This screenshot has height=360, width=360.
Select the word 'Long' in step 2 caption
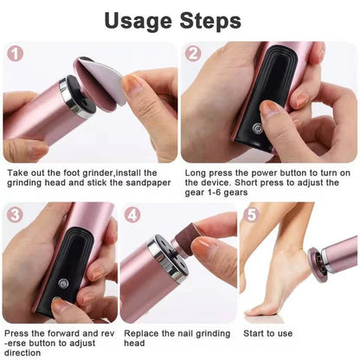tap(196, 173)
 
